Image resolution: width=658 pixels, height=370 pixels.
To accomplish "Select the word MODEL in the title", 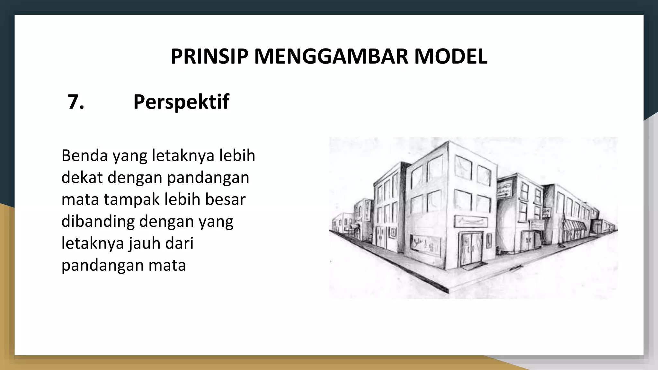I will tap(450, 57).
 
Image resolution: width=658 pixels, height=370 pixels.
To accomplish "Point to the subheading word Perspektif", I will tap(181, 102).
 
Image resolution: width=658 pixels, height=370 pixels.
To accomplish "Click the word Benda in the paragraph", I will tap(84, 155).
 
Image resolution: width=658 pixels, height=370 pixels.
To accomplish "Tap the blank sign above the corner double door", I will tap(471, 222).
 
